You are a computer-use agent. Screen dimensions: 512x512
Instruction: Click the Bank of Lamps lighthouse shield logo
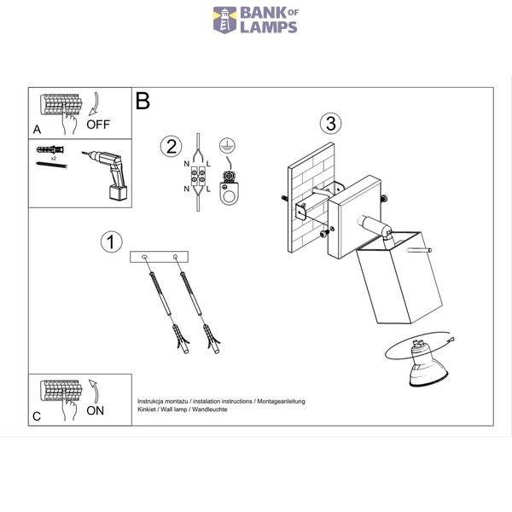(x=224, y=20)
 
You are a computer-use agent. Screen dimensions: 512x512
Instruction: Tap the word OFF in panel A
(x=98, y=125)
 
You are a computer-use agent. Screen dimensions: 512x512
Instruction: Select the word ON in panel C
(x=95, y=410)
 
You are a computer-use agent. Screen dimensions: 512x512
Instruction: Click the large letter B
(x=143, y=101)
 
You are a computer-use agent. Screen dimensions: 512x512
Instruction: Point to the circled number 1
(x=111, y=242)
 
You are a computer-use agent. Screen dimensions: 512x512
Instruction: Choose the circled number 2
(x=171, y=146)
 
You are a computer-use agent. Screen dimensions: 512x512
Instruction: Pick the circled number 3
(x=330, y=124)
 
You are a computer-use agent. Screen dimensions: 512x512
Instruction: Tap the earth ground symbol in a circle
(x=227, y=146)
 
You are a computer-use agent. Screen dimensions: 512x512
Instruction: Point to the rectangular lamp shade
(x=399, y=277)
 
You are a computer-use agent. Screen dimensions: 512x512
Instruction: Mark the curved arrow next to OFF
(x=95, y=104)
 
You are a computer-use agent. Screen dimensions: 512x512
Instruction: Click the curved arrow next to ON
(x=95, y=391)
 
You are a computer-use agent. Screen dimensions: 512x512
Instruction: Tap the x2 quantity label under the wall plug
(x=54, y=158)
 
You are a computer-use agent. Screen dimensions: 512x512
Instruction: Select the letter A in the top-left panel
(x=37, y=130)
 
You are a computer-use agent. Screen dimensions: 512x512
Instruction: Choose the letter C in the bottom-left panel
(x=37, y=416)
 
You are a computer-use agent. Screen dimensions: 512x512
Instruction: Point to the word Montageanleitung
(x=281, y=401)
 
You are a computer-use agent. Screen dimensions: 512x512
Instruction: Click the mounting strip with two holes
(x=159, y=257)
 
